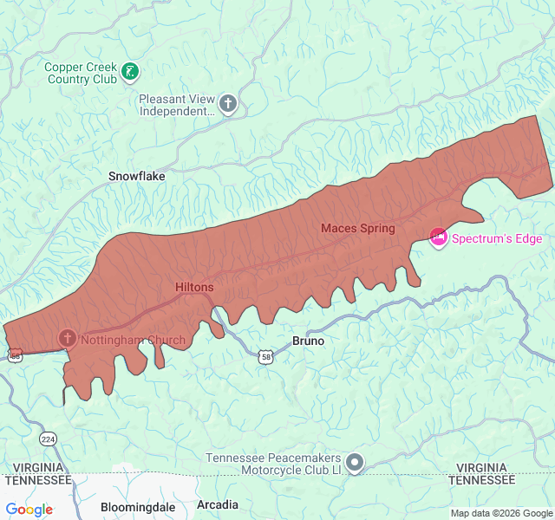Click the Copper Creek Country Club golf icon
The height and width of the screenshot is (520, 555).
(130, 72)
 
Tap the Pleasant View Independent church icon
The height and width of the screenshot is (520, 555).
(228, 104)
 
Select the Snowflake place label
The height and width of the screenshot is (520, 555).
(136, 176)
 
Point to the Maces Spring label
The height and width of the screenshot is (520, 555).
(357, 229)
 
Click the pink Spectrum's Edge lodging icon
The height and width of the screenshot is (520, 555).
(439, 237)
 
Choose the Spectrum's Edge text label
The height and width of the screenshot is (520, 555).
(497, 239)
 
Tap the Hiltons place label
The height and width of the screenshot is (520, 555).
(194, 287)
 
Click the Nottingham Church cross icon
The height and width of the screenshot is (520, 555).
(67, 337)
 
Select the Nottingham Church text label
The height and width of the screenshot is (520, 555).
(133, 340)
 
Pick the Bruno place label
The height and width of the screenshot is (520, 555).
(308, 341)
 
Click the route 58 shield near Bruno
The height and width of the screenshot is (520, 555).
(266, 356)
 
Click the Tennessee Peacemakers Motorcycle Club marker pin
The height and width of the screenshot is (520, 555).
(354, 464)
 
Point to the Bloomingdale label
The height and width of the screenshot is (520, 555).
(138, 507)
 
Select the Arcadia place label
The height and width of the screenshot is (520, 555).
(218, 504)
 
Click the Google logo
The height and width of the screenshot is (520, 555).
(29, 510)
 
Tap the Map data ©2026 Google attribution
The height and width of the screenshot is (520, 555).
(500, 514)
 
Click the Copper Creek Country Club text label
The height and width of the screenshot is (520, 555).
(81, 73)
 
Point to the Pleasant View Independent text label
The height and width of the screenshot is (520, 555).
(177, 105)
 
